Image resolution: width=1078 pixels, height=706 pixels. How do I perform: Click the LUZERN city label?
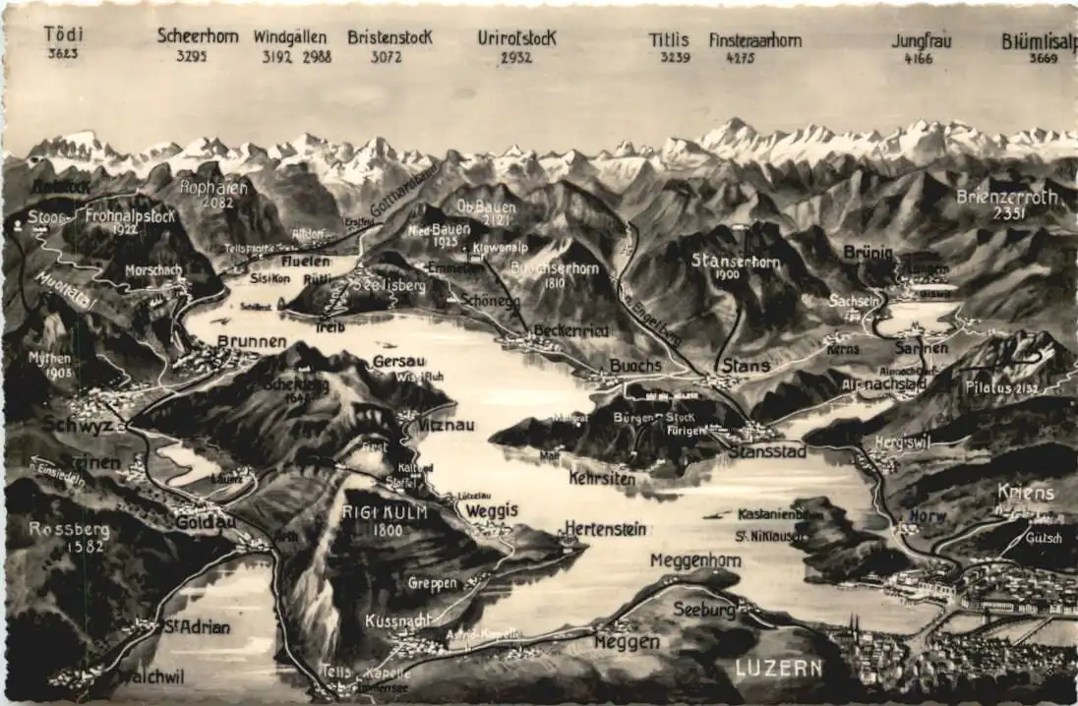coord(778,669)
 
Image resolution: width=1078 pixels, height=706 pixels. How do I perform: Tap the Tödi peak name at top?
coord(64,34)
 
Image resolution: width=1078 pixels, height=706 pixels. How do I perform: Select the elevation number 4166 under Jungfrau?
coord(919,59)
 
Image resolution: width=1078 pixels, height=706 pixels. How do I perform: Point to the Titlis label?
coord(669,40)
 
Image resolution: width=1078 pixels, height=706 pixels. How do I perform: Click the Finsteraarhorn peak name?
coord(754,40)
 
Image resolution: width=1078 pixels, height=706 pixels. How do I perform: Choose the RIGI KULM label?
coord(373,511)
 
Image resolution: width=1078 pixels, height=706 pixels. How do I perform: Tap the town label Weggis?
coord(491,510)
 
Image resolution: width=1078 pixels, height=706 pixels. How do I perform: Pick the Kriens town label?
coord(1025,492)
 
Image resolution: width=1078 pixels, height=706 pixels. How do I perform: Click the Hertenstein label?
coord(605,529)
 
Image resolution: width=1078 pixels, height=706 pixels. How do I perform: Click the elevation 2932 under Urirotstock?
coord(515,58)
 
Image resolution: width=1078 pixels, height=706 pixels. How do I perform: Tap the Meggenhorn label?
coord(695,559)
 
